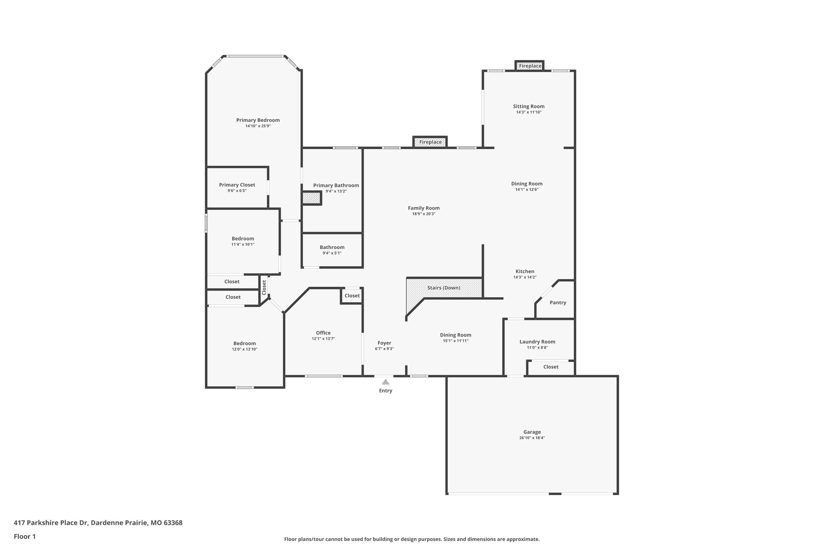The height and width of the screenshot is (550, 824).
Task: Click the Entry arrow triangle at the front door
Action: [385, 382]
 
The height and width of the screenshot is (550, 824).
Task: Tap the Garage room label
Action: [532, 432]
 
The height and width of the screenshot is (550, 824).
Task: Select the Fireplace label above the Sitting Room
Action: [530, 66]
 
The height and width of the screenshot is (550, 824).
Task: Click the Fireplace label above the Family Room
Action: [430, 142]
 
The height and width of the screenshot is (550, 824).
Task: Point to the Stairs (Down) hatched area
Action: [444, 288]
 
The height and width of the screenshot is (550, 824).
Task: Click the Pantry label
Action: [558, 303]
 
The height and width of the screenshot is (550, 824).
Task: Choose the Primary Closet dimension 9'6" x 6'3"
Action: [237, 191]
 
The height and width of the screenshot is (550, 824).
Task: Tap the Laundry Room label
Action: [537, 342]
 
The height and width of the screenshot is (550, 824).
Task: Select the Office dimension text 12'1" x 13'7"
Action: [323, 339]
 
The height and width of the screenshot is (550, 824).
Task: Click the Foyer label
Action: [384, 343]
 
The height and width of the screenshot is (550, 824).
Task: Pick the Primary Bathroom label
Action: [336, 185]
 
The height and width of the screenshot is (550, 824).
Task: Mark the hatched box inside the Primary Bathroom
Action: [311, 198]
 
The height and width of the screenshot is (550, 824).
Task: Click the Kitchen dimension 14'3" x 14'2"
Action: [525, 277]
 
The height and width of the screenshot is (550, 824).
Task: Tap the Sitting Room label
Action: [529, 106]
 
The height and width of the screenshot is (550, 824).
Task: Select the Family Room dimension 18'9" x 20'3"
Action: [424, 214]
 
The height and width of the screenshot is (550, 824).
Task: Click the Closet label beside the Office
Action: [352, 296]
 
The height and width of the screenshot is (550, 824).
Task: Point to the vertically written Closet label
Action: [264, 287]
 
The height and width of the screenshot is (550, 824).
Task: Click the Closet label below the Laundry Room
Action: [551, 367]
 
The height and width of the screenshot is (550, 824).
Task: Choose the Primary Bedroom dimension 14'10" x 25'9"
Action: [258, 126]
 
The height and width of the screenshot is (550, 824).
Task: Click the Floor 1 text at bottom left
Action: [25, 536]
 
